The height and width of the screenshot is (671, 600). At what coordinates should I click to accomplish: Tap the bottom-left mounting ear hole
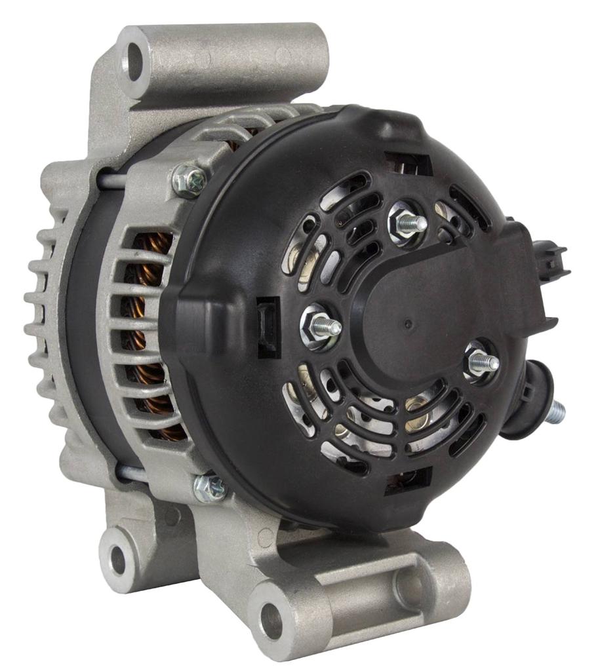click(x=118, y=558)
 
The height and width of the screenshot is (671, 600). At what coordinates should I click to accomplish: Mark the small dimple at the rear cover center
click(x=408, y=324)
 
